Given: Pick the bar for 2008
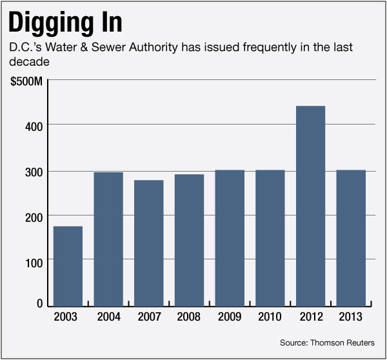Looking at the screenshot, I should point(189,241).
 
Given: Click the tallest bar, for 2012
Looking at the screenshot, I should point(310,206).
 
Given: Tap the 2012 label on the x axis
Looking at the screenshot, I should point(310,317).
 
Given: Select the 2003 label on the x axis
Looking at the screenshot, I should point(68,317).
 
